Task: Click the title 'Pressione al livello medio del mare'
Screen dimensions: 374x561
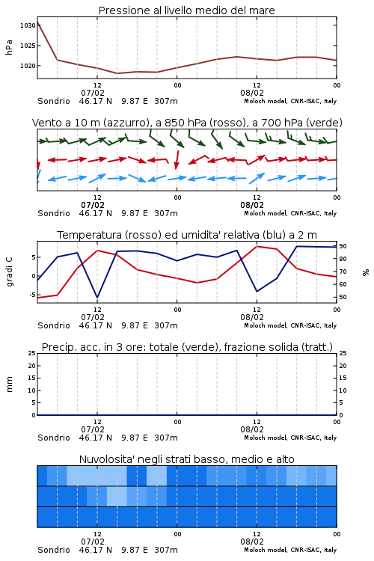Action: [186, 10]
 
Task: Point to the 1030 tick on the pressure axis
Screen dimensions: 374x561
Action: [28, 25]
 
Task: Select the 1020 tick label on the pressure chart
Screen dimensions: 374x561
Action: [28, 66]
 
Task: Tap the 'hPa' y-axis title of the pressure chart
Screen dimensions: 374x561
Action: [9, 47]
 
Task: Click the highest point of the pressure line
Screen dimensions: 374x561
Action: [37, 22]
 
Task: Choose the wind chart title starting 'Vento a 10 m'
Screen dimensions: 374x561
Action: [187, 123]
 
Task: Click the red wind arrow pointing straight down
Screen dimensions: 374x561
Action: [177, 159]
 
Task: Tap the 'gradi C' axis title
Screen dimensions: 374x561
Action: [9, 272]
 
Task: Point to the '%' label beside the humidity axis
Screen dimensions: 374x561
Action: [366, 272]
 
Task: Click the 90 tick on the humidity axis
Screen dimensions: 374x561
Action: [343, 246]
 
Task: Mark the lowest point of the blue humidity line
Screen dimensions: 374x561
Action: [97, 298]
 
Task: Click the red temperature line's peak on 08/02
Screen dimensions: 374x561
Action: [257, 246]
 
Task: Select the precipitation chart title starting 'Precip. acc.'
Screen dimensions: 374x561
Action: [187, 347]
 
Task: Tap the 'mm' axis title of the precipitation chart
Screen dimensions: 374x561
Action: [9, 384]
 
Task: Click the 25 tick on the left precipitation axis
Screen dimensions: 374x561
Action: [32, 353]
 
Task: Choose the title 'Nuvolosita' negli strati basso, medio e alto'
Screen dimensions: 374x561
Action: [186, 459]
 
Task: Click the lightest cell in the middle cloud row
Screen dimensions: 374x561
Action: [117, 496]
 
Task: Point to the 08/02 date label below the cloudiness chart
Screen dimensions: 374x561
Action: [252, 542]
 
